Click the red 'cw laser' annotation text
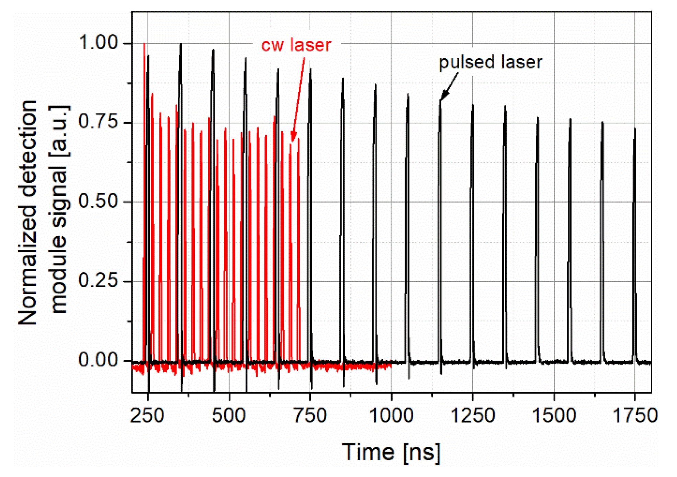[x=296, y=45]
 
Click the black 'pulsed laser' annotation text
[x=490, y=63]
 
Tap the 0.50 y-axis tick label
[x=98, y=201]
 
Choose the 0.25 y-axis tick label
[x=98, y=281]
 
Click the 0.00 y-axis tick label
[x=98, y=360]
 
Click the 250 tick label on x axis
[x=147, y=416]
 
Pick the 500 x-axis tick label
[x=229, y=416]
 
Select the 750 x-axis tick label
[x=310, y=416]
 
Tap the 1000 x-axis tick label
[x=391, y=416]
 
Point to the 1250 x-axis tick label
[x=472, y=416]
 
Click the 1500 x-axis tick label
[x=554, y=416]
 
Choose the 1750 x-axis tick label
[x=635, y=416]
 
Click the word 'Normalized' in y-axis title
[x=27, y=264]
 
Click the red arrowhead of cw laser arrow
[x=293, y=137]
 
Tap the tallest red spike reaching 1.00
[x=144, y=45]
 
